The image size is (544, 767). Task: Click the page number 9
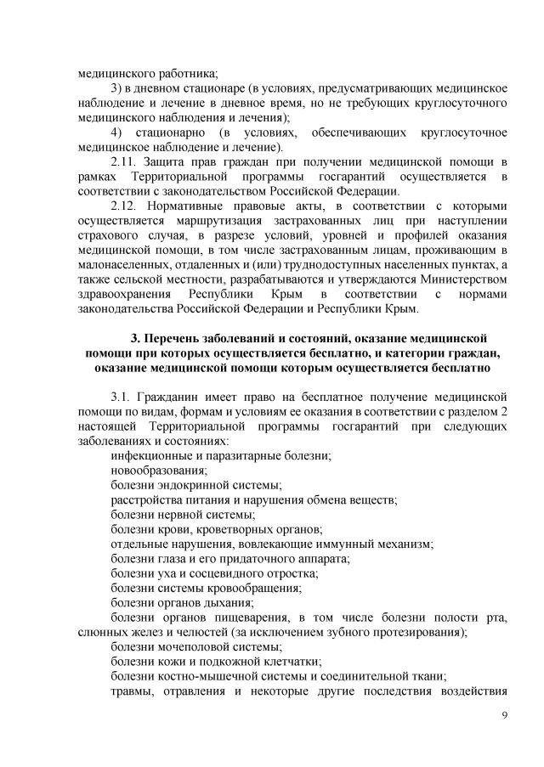(x=505, y=715)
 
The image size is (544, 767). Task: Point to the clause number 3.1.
(x=122, y=397)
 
